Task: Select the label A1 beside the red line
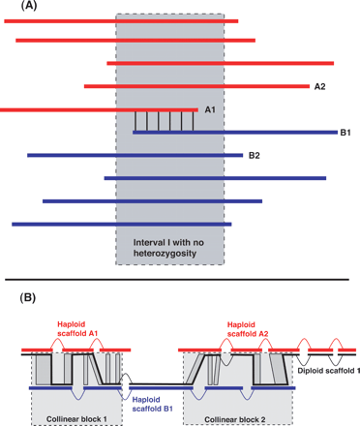click(209, 109)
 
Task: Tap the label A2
click(319, 86)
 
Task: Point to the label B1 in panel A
click(345, 132)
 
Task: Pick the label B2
click(255, 155)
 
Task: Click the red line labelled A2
click(194, 86)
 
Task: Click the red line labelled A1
click(97, 109)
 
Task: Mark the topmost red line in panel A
click(126, 18)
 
